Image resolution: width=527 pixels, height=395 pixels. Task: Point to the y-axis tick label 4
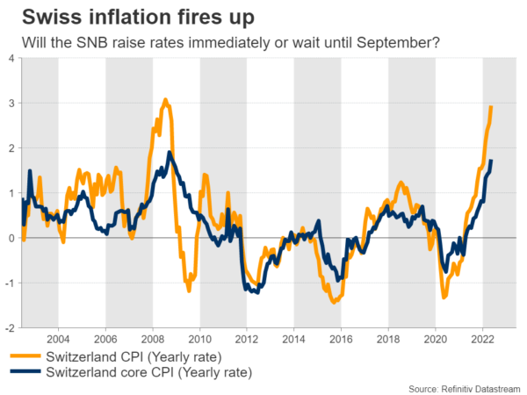[11, 58]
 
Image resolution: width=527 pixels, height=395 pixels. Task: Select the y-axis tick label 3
[11, 103]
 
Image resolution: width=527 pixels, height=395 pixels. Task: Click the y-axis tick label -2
[9, 327]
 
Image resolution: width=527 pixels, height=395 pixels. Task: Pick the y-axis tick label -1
[9, 282]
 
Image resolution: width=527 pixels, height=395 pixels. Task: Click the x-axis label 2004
[58, 338]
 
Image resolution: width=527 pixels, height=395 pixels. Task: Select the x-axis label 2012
[247, 338]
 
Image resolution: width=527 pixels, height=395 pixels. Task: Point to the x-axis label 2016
[341, 338]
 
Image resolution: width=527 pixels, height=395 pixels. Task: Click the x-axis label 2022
[482, 338]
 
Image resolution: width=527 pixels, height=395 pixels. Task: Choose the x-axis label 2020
[435, 338]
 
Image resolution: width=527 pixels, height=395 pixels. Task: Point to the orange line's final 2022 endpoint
[491, 107]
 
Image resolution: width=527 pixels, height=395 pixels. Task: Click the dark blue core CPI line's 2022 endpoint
[491, 161]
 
